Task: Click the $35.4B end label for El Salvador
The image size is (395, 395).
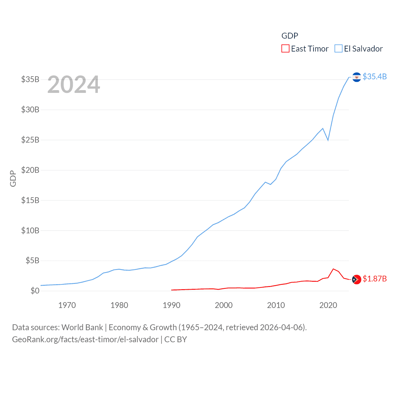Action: [375, 77]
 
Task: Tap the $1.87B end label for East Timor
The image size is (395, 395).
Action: [375, 279]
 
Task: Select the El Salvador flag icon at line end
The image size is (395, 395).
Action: [356, 77]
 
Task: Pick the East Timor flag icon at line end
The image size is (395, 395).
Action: [356, 280]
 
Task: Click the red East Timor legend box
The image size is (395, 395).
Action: [285, 49]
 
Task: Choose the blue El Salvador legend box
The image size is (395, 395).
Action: [339, 49]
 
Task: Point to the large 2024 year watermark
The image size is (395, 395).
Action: [74, 85]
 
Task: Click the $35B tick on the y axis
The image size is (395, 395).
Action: [30, 79]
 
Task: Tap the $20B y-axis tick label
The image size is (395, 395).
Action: [30, 170]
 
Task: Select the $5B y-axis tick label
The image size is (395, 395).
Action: [32, 261]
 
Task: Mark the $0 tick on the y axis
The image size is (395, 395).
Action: [35, 291]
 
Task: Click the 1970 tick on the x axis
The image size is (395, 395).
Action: [67, 306]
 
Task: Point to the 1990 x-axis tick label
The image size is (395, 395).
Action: [172, 306]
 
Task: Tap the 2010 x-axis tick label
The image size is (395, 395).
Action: [276, 306]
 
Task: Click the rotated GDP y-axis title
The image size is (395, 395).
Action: [13, 178]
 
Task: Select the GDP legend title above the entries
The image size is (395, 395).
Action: [290, 36]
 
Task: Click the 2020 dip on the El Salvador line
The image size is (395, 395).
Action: [328, 140]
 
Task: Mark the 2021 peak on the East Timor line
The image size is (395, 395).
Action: [333, 269]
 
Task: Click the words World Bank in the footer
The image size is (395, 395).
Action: [82, 327]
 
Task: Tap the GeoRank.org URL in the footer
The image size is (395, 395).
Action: [85, 339]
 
